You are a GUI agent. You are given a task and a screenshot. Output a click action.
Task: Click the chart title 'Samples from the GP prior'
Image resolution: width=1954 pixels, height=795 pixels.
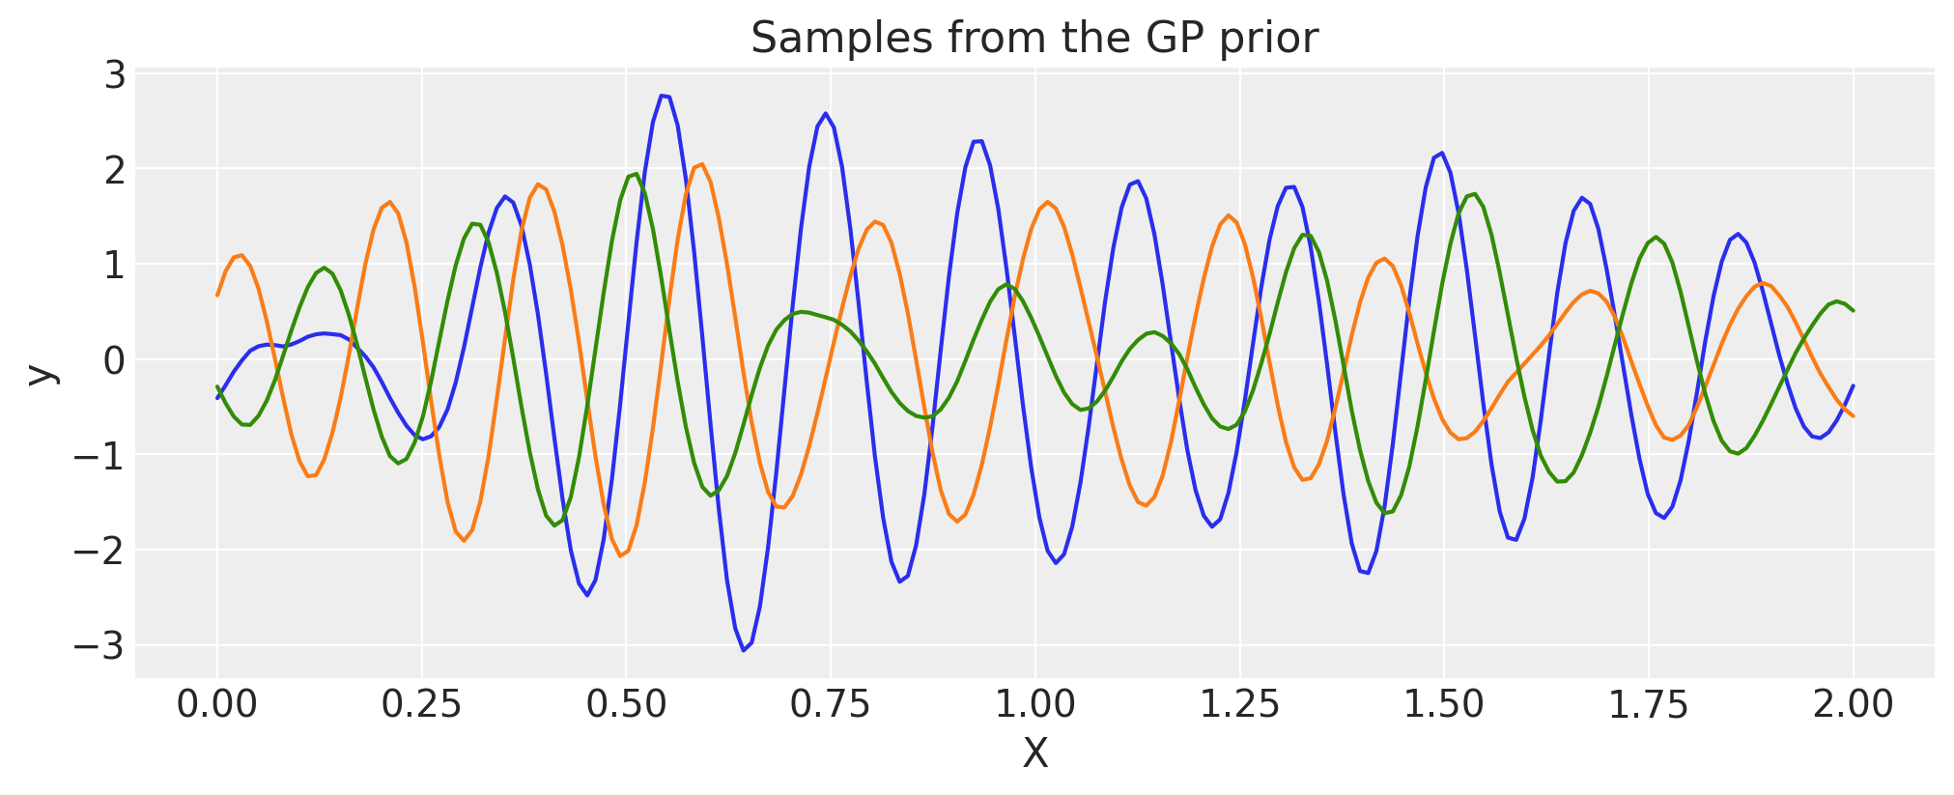tap(1034, 39)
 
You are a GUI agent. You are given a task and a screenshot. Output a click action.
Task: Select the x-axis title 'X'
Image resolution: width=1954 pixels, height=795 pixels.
tap(1034, 753)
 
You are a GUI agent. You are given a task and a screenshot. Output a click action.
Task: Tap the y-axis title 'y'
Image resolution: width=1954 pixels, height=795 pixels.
tap(41, 375)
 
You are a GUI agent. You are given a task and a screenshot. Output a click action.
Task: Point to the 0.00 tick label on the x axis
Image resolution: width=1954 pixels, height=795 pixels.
tap(217, 704)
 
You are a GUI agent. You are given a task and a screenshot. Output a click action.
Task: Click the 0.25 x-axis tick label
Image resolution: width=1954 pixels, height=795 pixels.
tap(421, 704)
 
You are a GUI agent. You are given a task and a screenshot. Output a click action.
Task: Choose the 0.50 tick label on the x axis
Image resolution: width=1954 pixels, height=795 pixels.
tap(626, 704)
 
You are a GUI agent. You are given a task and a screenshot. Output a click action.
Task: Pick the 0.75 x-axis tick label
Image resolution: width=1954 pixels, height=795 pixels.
tap(831, 704)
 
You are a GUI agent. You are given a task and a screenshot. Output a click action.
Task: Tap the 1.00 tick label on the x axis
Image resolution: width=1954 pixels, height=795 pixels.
tap(1034, 704)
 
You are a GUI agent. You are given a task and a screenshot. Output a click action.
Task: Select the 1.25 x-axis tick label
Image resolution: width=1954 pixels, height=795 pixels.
tap(1239, 704)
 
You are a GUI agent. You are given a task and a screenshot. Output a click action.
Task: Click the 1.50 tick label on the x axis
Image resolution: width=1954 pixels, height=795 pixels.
tap(1443, 704)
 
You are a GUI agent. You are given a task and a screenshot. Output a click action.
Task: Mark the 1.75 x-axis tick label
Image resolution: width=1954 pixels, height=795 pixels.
tap(1648, 704)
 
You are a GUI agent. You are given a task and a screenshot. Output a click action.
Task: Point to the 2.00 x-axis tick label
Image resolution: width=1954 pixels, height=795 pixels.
tap(1853, 704)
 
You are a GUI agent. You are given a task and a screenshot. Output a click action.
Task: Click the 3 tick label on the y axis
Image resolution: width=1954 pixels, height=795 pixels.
tap(115, 74)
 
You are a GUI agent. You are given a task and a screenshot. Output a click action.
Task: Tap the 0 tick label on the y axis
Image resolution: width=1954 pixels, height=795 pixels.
tap(115, 360)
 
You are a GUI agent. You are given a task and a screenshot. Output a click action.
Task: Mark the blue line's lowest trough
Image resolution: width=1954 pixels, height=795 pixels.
tap(744, 650)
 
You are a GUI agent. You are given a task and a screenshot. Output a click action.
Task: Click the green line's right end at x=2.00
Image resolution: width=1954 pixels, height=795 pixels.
tap(1853, 310)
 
